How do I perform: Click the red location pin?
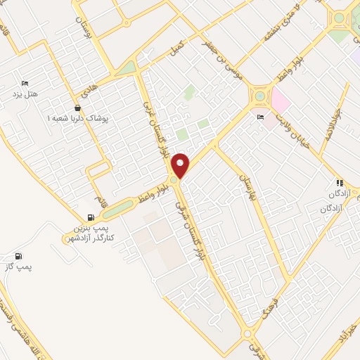click(181, 165)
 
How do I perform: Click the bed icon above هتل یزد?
click(25, 84)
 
